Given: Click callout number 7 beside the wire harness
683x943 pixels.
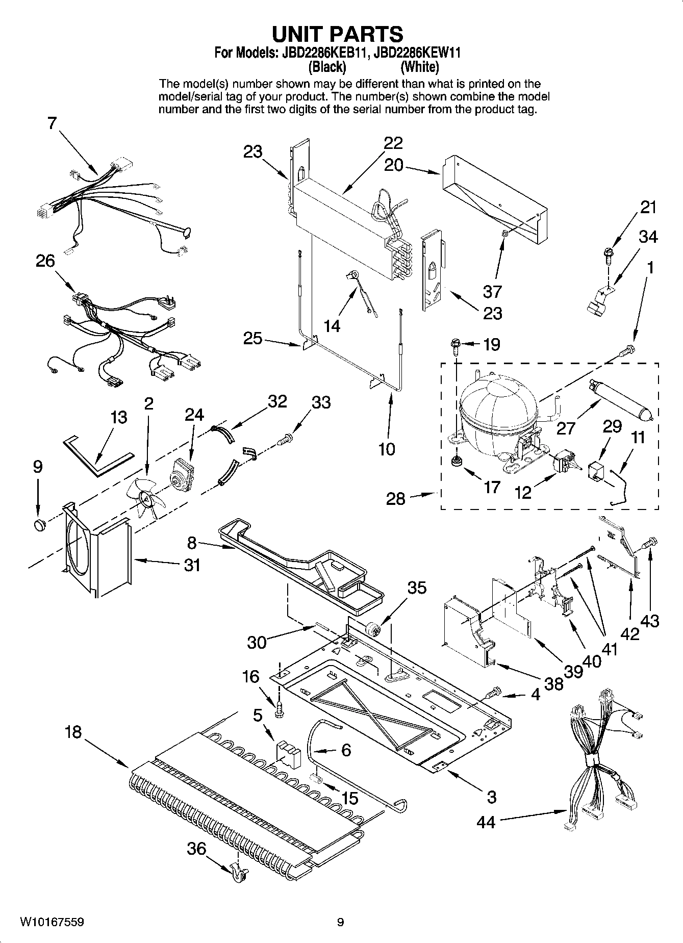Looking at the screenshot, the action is click(x=52, y=123).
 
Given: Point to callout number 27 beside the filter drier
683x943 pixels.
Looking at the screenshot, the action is click(x=565, y=427).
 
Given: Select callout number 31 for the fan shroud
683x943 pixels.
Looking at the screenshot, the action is click(x=192, y=565).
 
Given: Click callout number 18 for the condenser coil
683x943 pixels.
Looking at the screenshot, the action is click(x=72, y=732).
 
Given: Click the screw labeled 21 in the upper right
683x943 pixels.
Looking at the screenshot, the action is click(x=609, y=252).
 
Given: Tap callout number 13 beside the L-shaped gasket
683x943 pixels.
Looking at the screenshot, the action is click(x=118, y=417).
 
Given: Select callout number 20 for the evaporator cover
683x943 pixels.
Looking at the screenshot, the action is click(x=393, y=165).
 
